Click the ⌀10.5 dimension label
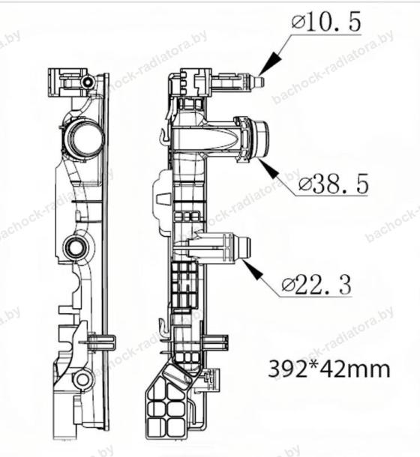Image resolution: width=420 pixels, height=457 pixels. pyautogui.click(x=326, y=22)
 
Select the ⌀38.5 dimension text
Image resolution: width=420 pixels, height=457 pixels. pyautogui.click(x=334, y=184)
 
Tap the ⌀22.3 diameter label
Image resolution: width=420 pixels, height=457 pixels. pyautogui.click(x=316, y=285)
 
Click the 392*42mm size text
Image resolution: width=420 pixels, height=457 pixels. pyautogui.click(x=329, y=369)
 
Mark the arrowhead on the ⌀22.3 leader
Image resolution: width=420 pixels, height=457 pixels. pyautogui.click(x=253, y=270)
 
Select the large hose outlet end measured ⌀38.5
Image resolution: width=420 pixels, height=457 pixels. pyautogui.click(x=261, y=139)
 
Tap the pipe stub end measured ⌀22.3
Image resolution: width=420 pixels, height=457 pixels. pyautogui.click(x=244, y=247)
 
